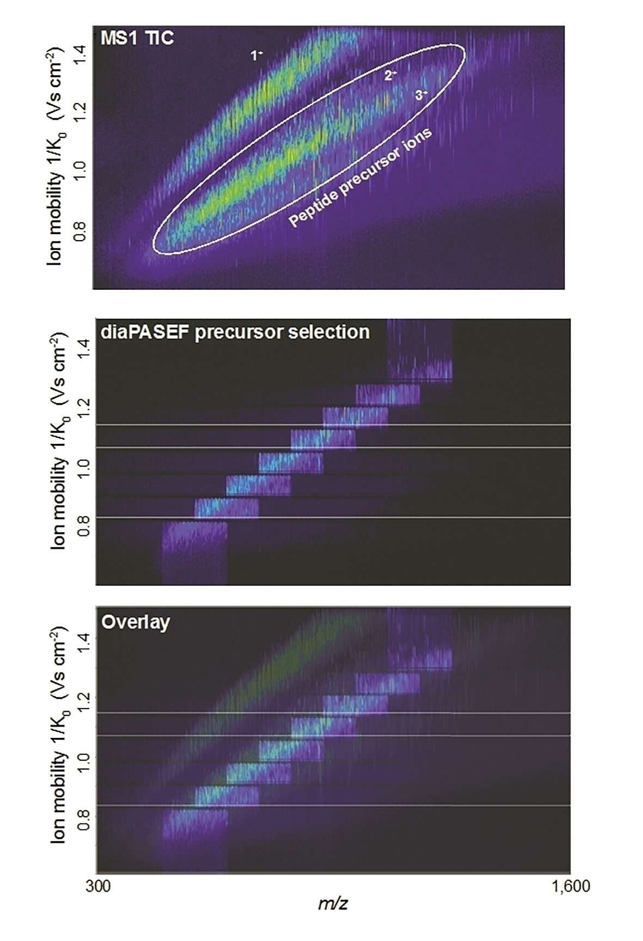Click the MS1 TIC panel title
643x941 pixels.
pos(137,38)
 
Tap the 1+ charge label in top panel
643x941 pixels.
pos(256,55)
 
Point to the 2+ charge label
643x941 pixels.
pos(390,76)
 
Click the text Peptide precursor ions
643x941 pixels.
pos(360,178)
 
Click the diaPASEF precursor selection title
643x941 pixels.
pos(235,332)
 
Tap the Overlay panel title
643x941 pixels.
pos(136,622)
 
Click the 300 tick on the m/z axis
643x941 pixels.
pos(98,887)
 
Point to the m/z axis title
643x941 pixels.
pos(333,905)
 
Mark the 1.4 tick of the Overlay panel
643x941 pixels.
pos(83,638)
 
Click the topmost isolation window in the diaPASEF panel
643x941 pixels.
pos(420,351)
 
